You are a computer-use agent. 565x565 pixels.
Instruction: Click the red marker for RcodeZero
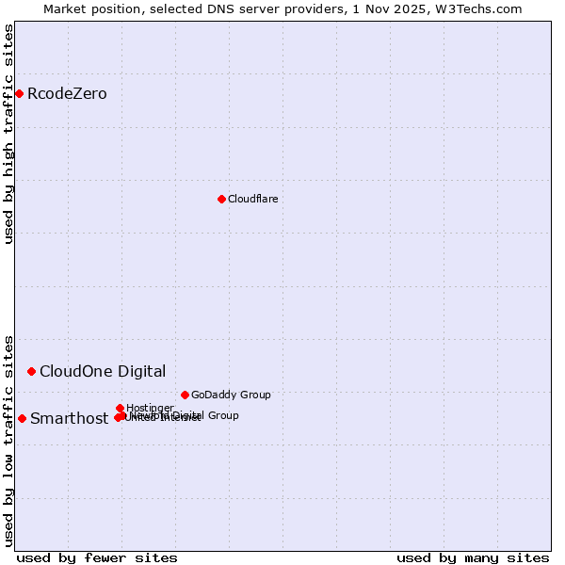click(19, 93)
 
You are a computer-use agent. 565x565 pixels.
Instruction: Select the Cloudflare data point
click(221, 199)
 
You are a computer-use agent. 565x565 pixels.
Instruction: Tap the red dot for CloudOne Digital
click(31, 371)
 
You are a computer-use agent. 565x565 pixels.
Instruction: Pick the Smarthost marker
click(22, 418)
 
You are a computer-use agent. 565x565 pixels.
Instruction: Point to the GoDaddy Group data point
click(185, 395)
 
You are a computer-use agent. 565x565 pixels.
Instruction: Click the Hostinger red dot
click(120, 408)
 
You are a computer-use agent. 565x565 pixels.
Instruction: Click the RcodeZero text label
click(67, 93)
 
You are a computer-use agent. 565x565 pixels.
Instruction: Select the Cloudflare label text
click(252, 199)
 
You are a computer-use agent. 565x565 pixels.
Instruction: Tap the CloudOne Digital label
click(102, 371)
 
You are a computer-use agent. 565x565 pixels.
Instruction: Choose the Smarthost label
click(69, 419)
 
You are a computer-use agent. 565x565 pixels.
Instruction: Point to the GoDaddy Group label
click(231, 395)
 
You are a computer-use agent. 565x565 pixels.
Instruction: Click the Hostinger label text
click(150, 408)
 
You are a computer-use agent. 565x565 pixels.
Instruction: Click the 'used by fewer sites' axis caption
click(97, 557)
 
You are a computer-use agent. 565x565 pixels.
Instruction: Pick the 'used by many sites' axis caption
click(473, 557)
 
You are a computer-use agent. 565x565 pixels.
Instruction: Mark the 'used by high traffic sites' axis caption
click(8, 134)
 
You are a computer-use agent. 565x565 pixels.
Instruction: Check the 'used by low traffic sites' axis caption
click(8, 440)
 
